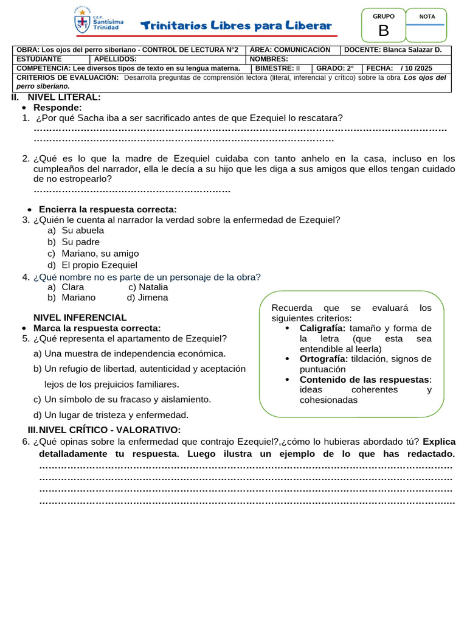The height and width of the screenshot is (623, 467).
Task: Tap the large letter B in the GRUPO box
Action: point(383,31)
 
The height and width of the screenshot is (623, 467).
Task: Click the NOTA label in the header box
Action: point(427,16)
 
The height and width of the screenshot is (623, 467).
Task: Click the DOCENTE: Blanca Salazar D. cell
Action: point(396,50)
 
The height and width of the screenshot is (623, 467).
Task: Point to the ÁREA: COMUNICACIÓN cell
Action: point(290,50)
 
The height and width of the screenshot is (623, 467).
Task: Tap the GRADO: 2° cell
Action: point(334,69)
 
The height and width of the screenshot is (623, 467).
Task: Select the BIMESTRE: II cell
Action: point(277,69)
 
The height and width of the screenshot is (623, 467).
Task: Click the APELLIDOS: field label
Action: point(116,59)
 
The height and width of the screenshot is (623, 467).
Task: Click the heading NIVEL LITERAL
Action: point(64,97)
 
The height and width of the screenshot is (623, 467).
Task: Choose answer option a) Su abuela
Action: point(76,231)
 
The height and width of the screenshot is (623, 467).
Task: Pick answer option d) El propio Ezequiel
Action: point(92,265)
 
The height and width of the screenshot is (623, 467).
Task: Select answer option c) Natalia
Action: point(148,287)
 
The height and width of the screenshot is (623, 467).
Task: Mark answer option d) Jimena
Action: point(147,298)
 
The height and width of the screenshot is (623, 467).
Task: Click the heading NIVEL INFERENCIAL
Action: point(80,318)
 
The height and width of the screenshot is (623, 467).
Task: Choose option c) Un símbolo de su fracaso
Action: point(122,400)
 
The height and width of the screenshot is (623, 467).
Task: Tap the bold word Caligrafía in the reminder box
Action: point(322,329)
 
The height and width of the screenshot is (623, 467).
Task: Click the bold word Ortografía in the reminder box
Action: point(323,359)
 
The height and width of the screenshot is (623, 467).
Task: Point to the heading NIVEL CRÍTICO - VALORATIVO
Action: point(109,430)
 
